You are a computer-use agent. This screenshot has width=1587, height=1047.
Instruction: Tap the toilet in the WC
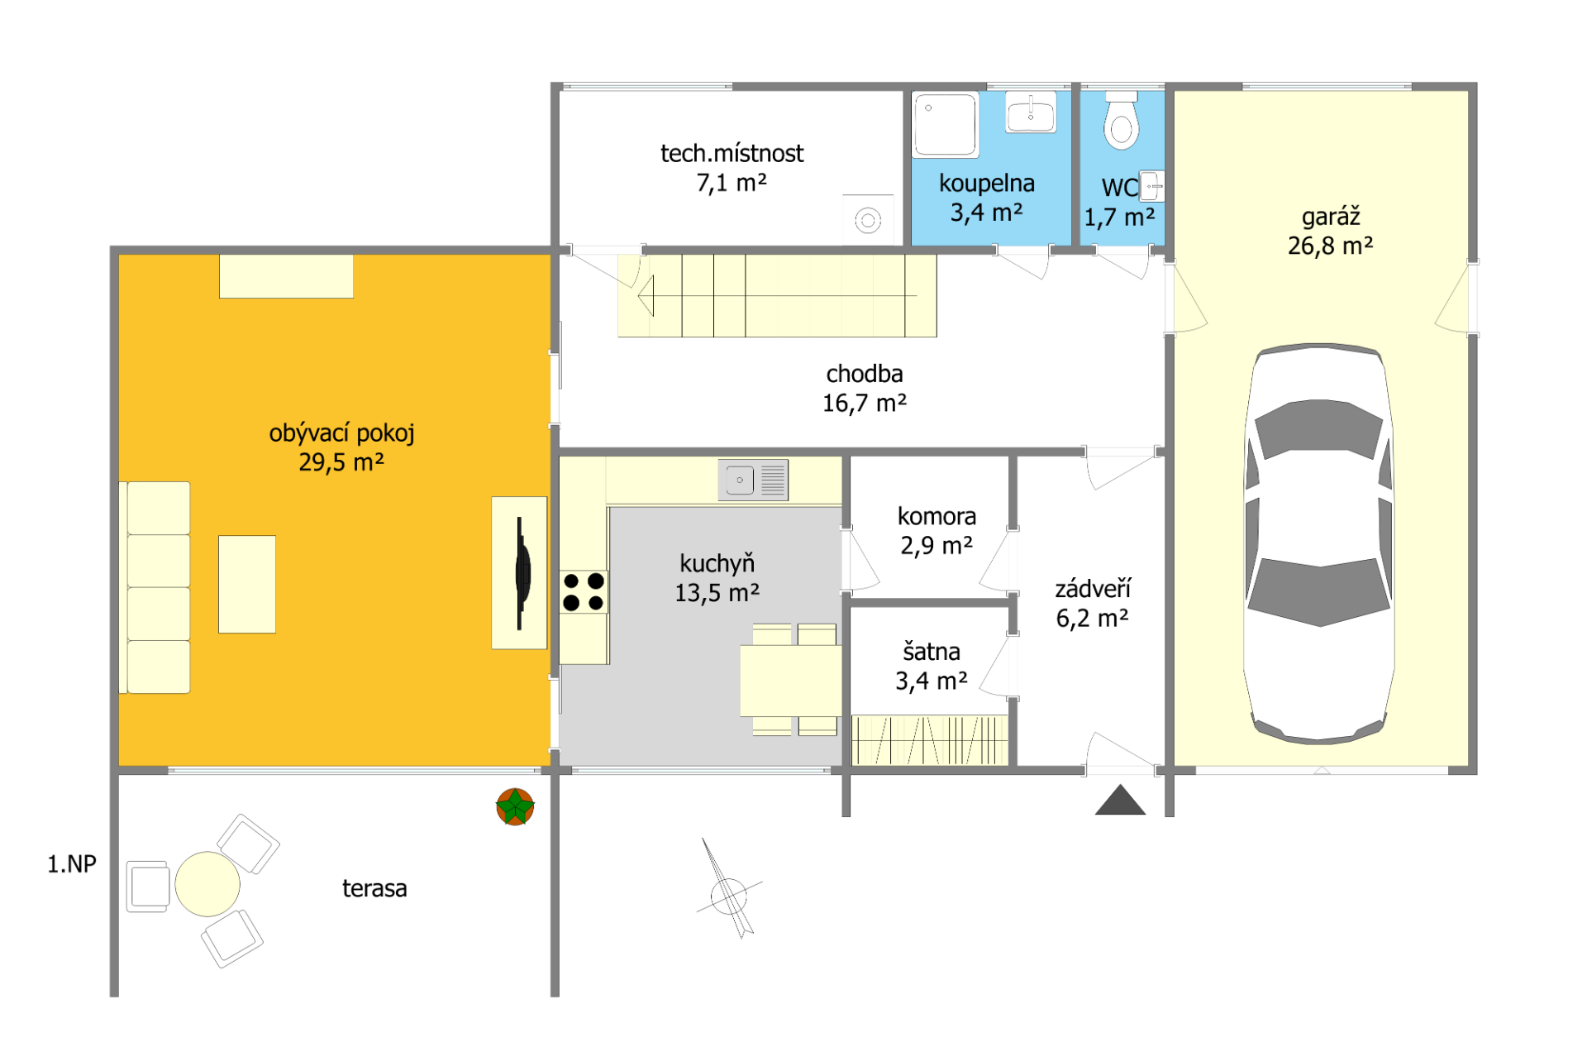click(x=1122, y=121)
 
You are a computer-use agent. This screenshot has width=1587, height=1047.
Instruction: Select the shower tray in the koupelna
click(x=946, y=124)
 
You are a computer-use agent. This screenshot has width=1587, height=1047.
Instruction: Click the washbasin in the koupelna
click(x=1031, y=112)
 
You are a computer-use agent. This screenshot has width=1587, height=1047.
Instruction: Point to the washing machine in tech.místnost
click(x=868, y=219)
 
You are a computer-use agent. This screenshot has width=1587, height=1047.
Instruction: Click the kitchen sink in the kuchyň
click(x=753, y=480)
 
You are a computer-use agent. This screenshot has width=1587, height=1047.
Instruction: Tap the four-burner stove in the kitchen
click(x=584, y=591)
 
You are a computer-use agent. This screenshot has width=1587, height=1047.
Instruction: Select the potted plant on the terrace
click(x=515, y=806)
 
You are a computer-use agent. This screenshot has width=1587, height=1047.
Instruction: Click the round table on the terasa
click(x=207, y=884)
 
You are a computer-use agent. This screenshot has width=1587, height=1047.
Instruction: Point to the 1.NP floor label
click(x=72, y=864)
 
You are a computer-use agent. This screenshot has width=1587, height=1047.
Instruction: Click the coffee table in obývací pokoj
click(x=247, y=584)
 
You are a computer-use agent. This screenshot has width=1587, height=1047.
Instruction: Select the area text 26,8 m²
click(x=1331, y=246)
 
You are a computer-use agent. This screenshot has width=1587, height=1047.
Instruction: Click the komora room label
click(x=936, y=516)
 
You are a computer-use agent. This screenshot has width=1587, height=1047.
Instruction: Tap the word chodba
click(x=865, y=374)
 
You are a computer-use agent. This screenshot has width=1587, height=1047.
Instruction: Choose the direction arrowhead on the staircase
click(x=646, y=295)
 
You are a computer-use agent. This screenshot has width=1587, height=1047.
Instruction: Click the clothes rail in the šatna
click(x=930, y=740)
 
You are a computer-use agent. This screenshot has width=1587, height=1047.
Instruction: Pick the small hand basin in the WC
click(x=1151, y=186)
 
